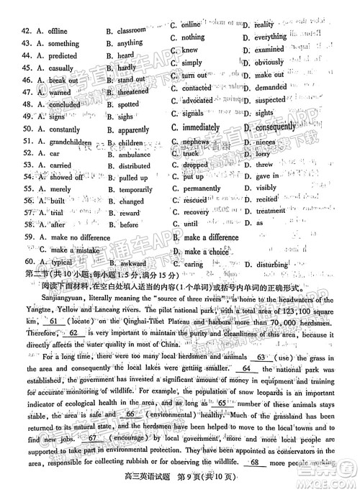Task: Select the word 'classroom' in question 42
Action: pos(132,31)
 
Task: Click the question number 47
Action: pos(30,92)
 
